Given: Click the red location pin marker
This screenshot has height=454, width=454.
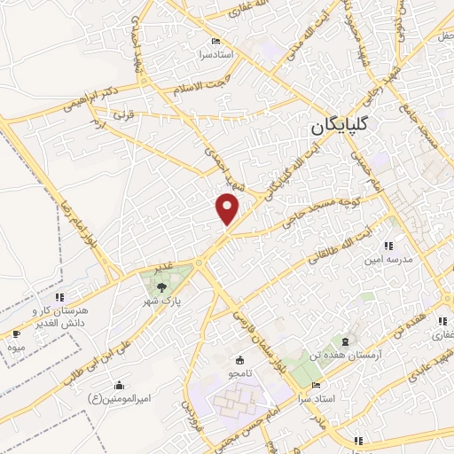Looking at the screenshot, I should pos(228,208).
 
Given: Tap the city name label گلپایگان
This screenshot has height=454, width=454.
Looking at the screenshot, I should pos(352,129).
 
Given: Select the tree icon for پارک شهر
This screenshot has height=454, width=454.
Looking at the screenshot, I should pos(160,286).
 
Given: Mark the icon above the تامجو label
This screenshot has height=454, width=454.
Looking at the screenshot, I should pos(239,361).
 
